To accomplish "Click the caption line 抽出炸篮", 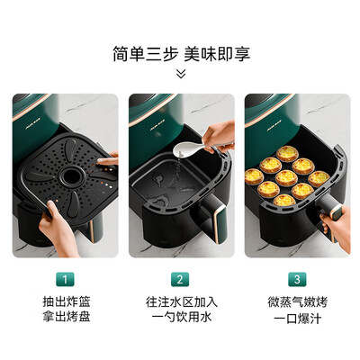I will tap(64, 301).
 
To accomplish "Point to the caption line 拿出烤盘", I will tap(64, 319).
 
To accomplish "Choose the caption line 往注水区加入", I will tap(180, 301).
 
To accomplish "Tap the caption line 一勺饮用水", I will tap(180, 319).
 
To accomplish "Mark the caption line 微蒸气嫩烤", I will tap(295, 301).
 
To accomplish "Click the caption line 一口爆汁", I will tap(295, 319).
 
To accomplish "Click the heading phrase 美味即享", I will tap(216, 53).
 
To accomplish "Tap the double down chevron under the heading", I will tap(180, 74).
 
